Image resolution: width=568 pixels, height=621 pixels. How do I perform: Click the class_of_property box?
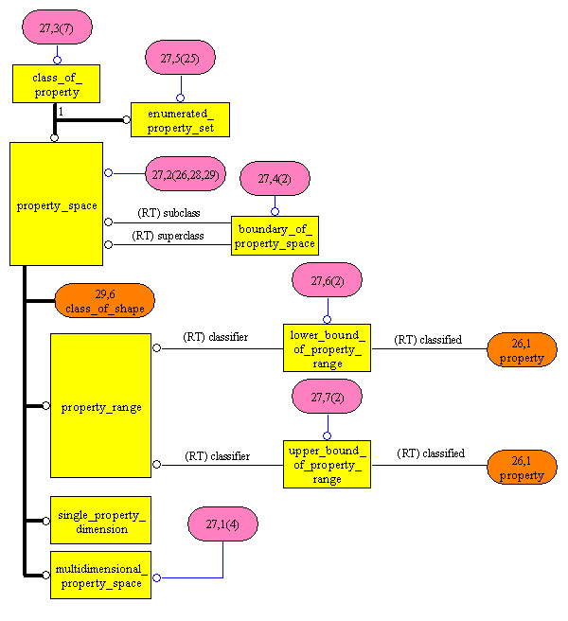(x=56, y=83)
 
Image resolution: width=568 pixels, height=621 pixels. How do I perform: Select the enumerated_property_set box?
(x=180, y=119)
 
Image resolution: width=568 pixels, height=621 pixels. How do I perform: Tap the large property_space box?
(x=56, y=204)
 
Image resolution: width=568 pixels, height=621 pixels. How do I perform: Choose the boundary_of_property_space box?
(x=275, y=235)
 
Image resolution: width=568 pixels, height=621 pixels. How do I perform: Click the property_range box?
(x=100, y=405)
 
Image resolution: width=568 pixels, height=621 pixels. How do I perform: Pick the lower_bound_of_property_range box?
(x=327, y=347)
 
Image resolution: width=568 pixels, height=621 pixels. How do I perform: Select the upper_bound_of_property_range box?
(x=327, y=464)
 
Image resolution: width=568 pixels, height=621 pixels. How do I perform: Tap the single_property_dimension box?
(x=100, y=521)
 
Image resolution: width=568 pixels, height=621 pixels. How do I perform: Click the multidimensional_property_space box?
(x=100, y=575)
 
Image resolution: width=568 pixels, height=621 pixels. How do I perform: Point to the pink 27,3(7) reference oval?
(x=56, y=28)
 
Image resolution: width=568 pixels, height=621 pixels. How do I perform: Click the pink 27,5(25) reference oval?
(x=180, y=58)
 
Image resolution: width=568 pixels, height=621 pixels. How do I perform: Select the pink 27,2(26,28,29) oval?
(x=186, y=173)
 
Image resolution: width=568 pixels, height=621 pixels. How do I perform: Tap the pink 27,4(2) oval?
(x=275, y=178)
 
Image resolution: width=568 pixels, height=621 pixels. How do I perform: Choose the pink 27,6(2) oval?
(x=327, y=280)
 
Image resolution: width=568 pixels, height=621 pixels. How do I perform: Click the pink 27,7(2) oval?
(x=327, y=398)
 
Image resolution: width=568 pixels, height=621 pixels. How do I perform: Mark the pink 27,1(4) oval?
(x=222, y=523)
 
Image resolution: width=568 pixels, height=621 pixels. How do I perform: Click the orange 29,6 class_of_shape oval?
(x=104, y=301)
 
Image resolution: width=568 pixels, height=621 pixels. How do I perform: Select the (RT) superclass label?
(x=168, y=235)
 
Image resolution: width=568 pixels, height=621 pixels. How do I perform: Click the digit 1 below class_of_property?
(x=61, y=112)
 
